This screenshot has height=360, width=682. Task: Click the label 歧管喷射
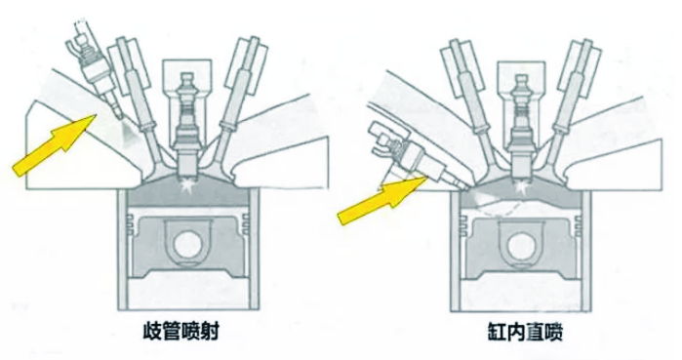pyautogui.click(x=181, y=332)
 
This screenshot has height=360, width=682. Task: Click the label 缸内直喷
pyautogui.click(x=525, y=332)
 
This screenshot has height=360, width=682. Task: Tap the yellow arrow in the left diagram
pyautogui.click(x=55, y=144)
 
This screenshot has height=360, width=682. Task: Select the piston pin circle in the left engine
pyautogui.click(x=188, y=245)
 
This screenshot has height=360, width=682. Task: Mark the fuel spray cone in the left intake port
pyautogui.click(x=129, y=132)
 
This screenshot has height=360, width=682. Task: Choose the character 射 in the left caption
pyautogui.click(x=209, y=332)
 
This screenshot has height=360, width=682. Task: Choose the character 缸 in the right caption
pyautogui.click(x=497, y=332)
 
